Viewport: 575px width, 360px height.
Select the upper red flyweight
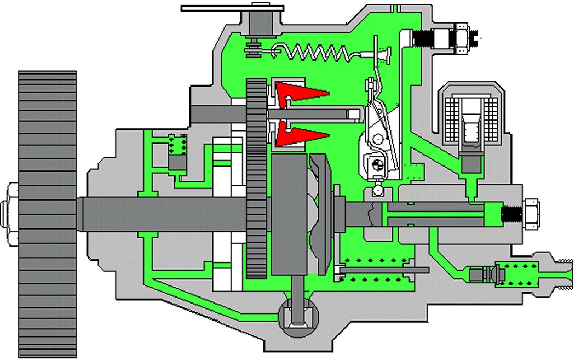tap(299, 92)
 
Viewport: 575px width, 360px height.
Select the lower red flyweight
tap(299, 135)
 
